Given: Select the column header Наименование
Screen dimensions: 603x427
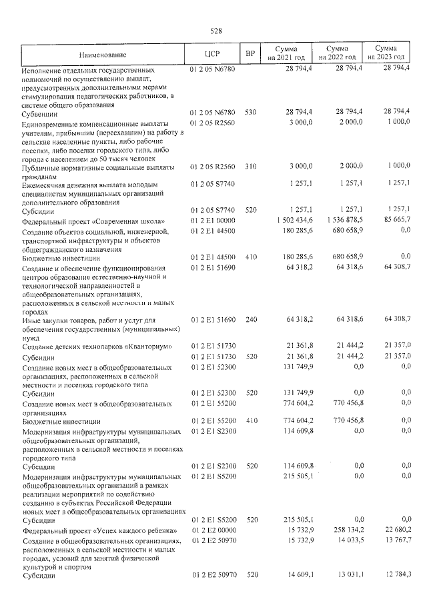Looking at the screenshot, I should (x=101, y=54).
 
